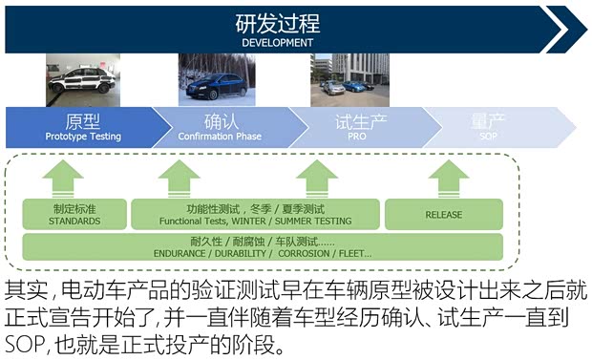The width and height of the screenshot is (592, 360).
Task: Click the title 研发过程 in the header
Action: pos(277,23)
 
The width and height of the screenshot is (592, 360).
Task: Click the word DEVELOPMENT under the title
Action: pos(277,42)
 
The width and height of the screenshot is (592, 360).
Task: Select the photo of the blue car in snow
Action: pos(212,79)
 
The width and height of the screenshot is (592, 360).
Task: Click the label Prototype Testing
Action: pos(83,137)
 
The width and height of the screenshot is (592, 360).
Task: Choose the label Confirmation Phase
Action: pos(219,137)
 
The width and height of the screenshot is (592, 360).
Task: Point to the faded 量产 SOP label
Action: pos(488,128)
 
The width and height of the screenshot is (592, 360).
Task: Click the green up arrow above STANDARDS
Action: pos(63,178)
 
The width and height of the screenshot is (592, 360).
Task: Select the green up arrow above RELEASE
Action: pos(449,178)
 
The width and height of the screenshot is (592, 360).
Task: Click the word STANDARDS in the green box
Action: pos(74,221)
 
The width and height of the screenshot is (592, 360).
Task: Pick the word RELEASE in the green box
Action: pos(443,215)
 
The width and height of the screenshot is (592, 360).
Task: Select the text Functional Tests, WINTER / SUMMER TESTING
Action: pos(255,221)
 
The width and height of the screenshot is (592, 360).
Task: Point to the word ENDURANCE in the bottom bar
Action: pos(180,254)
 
